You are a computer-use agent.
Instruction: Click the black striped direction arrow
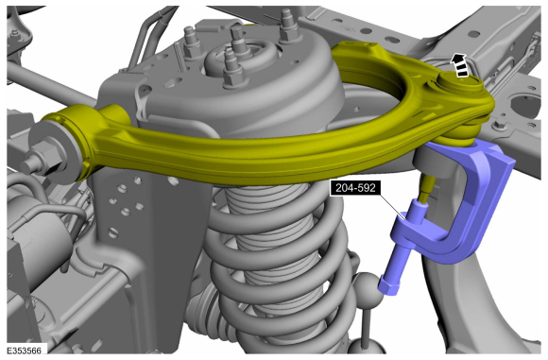[460, 64]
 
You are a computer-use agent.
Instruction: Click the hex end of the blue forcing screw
[385, 283]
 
